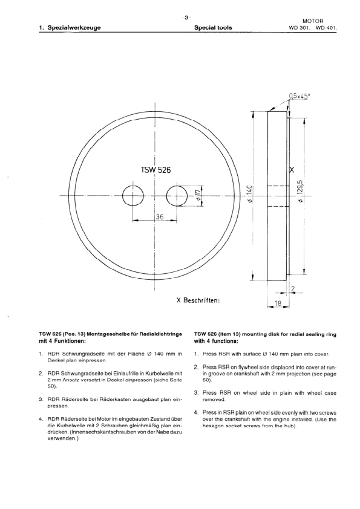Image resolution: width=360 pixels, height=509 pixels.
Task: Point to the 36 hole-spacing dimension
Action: tap(160, 217)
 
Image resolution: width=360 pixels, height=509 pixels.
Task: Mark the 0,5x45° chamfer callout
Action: tap(303, 96)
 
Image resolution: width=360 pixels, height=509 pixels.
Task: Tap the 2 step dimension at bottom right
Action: tap(293, 289)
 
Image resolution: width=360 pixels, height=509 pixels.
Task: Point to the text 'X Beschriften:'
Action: tap(197, 299)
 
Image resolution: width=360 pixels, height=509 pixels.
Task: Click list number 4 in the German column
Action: tap(41, 418)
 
